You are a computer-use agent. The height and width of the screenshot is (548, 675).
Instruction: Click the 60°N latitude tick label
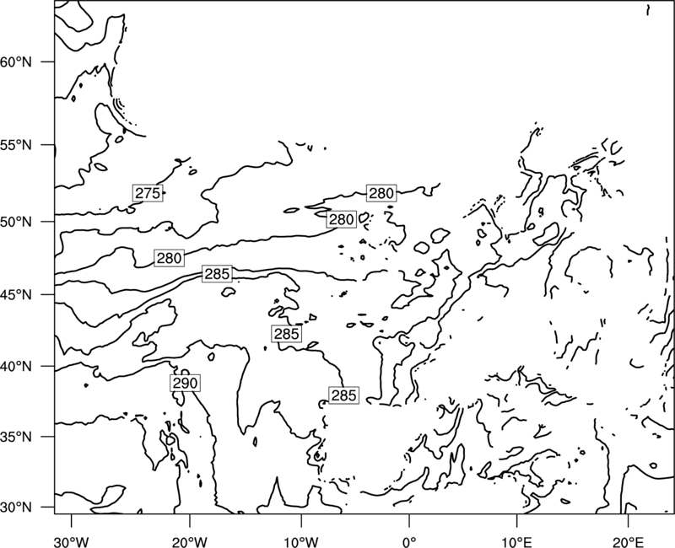16,62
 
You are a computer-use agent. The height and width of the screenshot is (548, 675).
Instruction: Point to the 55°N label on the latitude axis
16,145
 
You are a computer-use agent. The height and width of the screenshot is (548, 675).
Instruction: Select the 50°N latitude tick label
16,223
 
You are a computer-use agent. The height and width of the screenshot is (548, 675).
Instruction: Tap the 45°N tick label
16,295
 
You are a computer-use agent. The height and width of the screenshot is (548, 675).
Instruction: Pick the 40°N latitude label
16,367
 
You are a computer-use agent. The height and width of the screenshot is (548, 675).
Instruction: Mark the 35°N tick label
16,437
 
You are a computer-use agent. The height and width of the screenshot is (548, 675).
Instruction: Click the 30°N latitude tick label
16,508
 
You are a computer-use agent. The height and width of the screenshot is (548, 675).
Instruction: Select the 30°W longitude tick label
71,541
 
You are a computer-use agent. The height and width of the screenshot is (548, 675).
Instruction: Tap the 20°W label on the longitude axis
189,541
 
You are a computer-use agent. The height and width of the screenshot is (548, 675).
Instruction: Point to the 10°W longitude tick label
301,541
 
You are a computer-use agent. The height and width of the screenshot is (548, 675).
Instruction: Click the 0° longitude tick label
409,541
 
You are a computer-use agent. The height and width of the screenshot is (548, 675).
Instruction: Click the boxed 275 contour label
148,194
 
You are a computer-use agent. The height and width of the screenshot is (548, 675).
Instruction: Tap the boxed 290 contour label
185,383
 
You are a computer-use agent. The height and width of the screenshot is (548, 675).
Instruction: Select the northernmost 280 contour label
381,194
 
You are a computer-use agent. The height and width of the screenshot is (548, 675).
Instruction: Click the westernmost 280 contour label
170,258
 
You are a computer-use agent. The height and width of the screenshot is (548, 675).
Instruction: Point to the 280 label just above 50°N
342,219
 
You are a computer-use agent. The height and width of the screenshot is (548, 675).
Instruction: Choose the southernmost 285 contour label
344,395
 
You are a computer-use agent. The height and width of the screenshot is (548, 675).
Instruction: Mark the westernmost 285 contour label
217,274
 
